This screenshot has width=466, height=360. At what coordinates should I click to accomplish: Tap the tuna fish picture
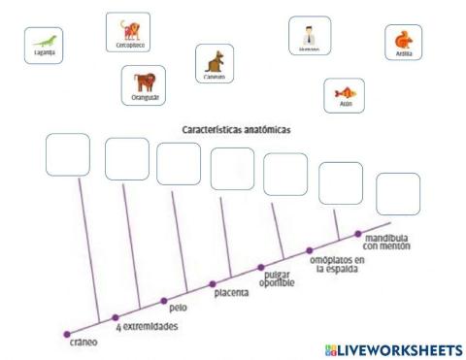344,95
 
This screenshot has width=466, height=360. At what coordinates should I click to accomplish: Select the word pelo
178,308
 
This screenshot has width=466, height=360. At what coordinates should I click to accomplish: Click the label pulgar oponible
279,278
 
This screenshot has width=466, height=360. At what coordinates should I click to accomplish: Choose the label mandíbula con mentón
387,242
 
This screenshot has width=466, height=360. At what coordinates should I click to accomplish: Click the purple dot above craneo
67,332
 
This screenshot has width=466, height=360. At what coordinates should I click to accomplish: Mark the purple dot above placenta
214,283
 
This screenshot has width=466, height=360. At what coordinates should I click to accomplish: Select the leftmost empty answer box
67,154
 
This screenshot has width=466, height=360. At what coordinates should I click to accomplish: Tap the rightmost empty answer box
397,193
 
